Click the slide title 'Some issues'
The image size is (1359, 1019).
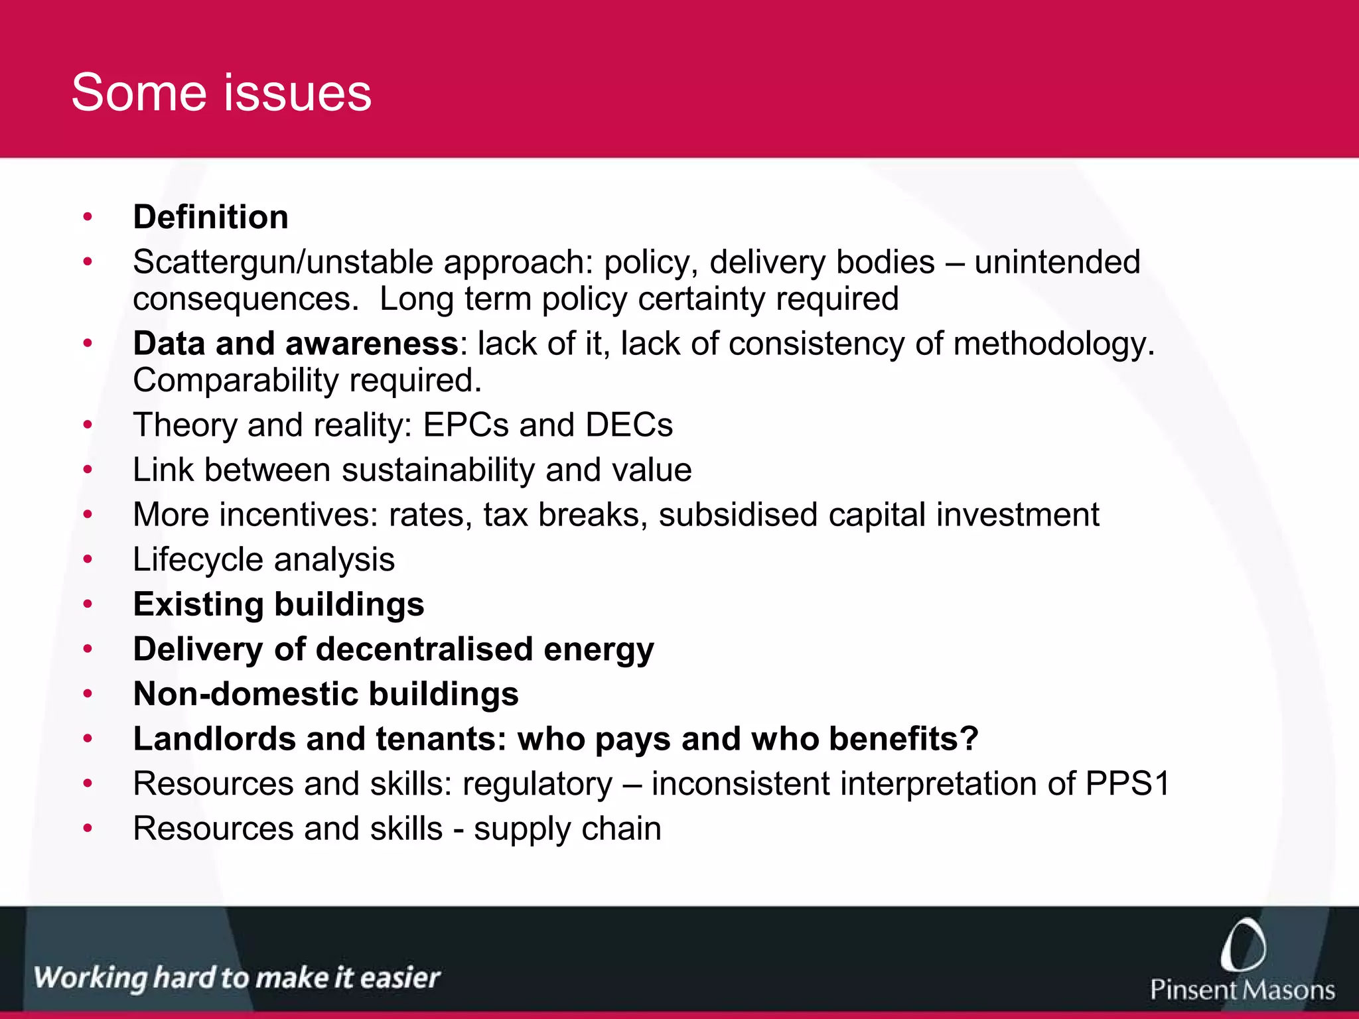coord(221,93)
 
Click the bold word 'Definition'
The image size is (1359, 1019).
coord(210,218)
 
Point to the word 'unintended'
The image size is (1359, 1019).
coord(1057,262)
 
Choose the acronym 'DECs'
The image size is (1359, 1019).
coord(628,425)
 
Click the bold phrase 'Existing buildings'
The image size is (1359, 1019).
coord(279,605)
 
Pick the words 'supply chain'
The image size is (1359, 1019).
coord(567,829)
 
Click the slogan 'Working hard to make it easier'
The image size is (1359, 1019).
coord(237,978)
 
